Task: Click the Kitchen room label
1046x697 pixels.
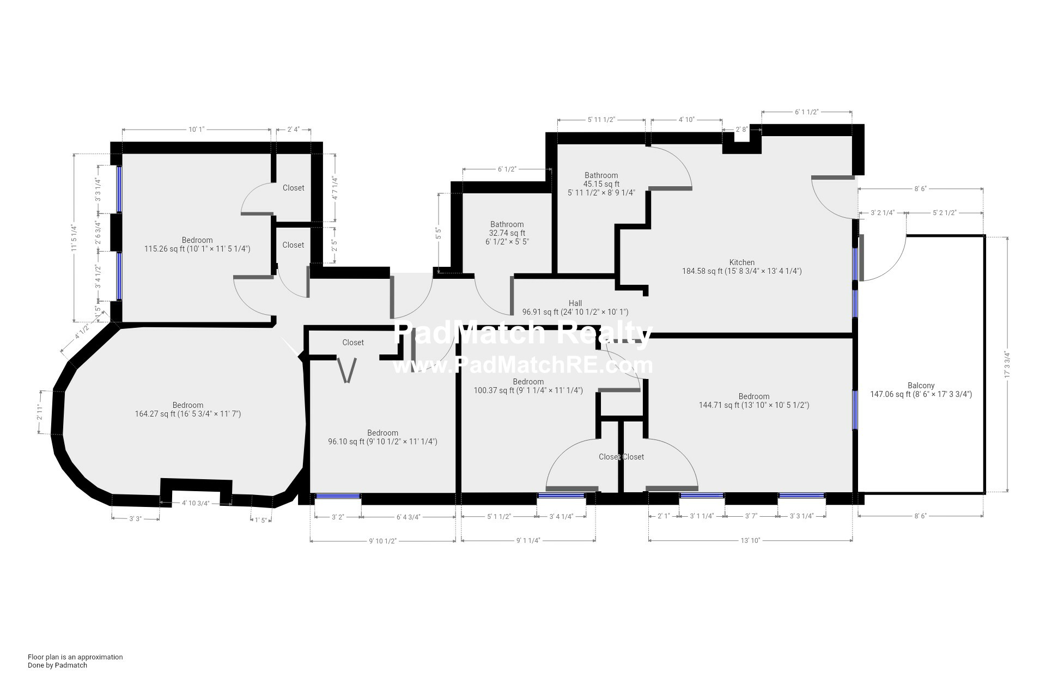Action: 742,262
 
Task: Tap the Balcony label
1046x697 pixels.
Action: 921,386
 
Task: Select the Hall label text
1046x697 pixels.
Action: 575,303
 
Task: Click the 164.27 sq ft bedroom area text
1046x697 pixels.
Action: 188,414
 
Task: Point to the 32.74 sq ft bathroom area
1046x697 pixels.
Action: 507,233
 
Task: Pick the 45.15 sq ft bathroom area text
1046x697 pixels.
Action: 601,184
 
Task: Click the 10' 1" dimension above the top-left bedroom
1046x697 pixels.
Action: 196,130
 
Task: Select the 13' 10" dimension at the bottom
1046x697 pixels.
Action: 750,540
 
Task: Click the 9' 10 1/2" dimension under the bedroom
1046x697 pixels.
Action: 382,541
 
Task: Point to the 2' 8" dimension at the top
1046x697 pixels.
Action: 741,130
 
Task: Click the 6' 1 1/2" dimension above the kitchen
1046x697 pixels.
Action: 806,112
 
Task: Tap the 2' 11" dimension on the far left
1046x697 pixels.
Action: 40,412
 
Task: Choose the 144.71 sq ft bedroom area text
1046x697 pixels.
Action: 754,405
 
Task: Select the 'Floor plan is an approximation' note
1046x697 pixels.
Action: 75,657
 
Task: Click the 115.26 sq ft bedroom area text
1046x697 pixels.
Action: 197,249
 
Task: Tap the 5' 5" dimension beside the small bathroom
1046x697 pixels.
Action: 437,234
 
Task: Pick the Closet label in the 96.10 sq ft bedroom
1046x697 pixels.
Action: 353,343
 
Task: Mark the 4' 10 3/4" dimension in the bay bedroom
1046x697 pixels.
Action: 196,503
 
